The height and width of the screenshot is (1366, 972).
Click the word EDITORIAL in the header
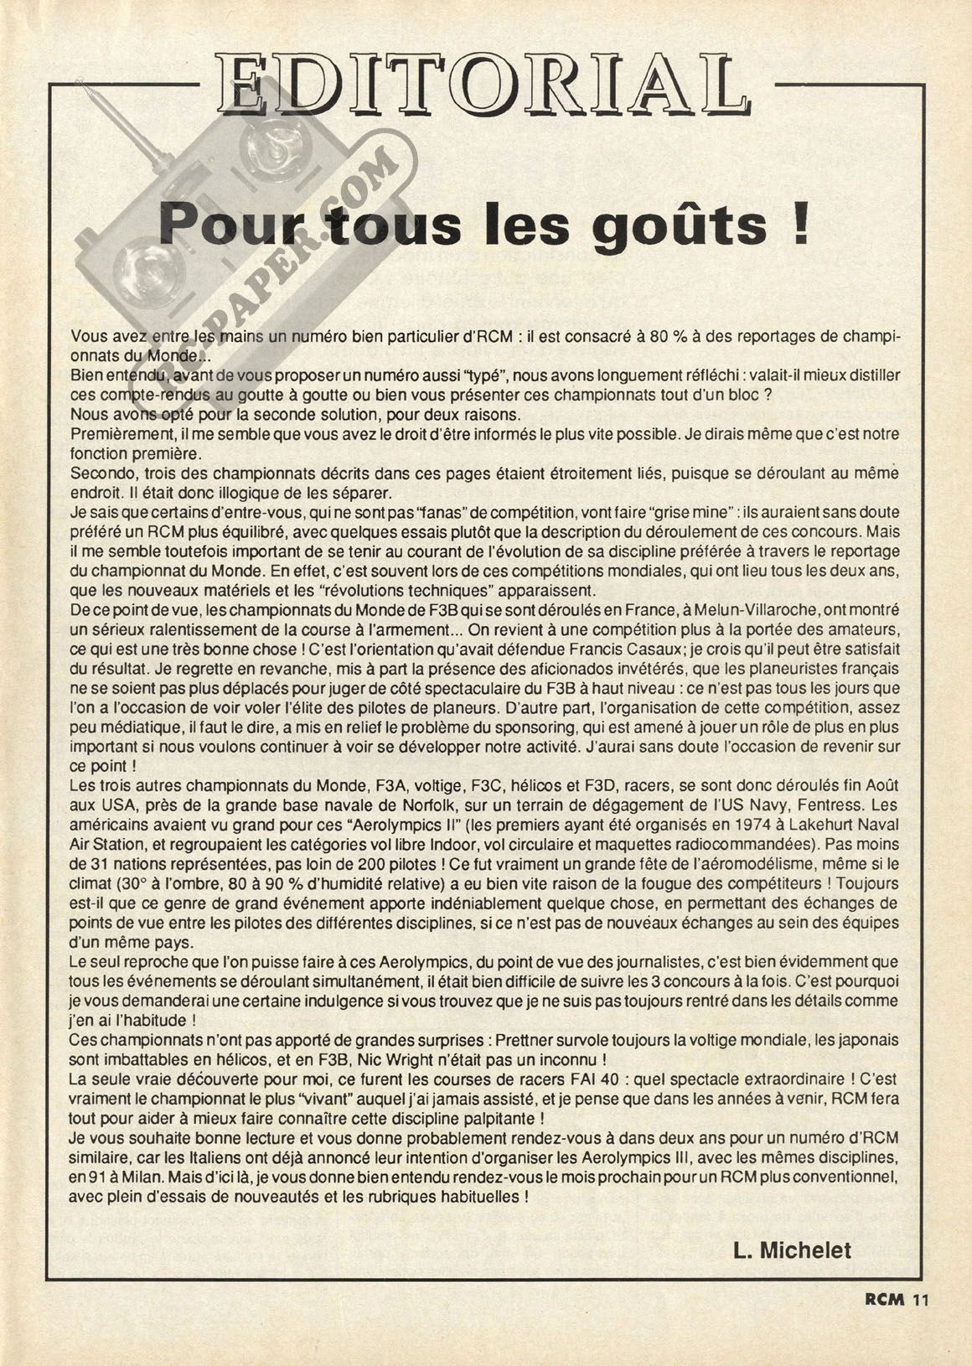478,84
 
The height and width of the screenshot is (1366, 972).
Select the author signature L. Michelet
792,1250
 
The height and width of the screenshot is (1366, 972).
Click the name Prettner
526,1039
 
